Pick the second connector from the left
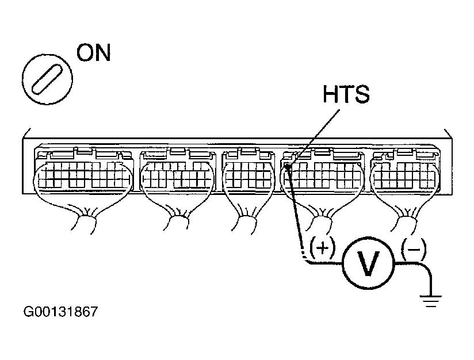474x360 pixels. (176, 173)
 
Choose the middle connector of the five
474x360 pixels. (249, 173)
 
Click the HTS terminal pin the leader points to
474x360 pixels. (286, 167)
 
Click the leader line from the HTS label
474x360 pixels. (316, 135)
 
